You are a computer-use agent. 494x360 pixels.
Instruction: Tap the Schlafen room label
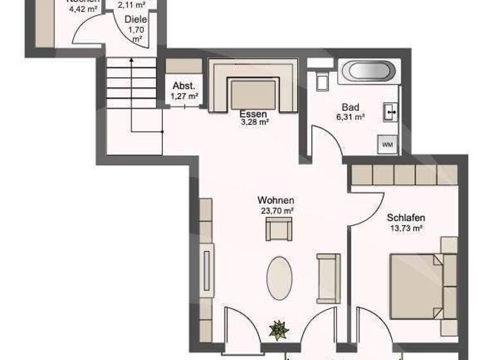click(406, 218)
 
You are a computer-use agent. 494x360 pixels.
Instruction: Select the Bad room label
click(351, 107)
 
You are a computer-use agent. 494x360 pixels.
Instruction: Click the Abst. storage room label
click(183, 86)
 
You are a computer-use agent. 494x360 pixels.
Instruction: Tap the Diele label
click(136, 20)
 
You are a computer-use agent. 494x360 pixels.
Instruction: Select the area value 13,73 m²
click(406, 228)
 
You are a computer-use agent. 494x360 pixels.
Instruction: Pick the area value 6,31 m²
click(351, 117)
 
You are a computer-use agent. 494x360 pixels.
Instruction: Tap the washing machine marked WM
click(387, 145)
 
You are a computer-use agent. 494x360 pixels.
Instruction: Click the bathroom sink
click(390, 113)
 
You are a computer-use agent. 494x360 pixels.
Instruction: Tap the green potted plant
click(279, 330)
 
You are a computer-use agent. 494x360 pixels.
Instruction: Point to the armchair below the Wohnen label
click(279, 229)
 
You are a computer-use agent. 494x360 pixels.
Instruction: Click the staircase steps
click(131, 84)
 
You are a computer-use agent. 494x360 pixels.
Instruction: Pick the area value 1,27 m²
click(184, 96)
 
